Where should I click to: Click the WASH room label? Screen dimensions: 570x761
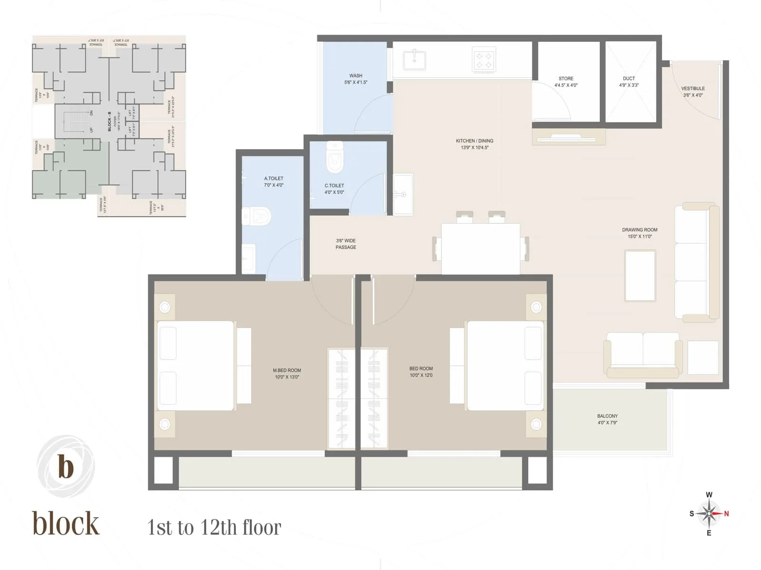pos(356,76)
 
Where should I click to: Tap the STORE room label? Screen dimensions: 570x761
pos(566,78)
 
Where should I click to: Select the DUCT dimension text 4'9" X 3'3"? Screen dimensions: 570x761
pos(629,85)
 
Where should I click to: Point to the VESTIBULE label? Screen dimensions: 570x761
pos(693,88)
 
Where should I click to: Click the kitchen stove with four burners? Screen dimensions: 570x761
pos(484,60)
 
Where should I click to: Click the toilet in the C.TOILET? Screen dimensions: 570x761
pos(335,157)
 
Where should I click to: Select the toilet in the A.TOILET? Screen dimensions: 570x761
pos(257,217)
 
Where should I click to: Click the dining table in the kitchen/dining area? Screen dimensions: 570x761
pos(480,248)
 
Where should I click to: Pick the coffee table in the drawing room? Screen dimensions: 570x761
pos(640,275)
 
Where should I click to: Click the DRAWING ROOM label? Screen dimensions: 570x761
pos(640,230)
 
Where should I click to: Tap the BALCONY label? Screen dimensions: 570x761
pos(607,416)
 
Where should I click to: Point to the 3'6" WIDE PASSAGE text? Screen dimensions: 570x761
pos(346,244)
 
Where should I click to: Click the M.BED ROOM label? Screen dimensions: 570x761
pos(287,370)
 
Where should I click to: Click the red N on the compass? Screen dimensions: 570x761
pos(726,513)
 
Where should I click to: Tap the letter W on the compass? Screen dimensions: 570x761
pos(709,495)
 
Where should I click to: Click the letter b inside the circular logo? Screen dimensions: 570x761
pos(66,466)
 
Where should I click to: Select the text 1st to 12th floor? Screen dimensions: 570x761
pos(214,527)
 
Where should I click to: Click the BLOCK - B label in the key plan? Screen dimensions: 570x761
pos(109,121)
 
